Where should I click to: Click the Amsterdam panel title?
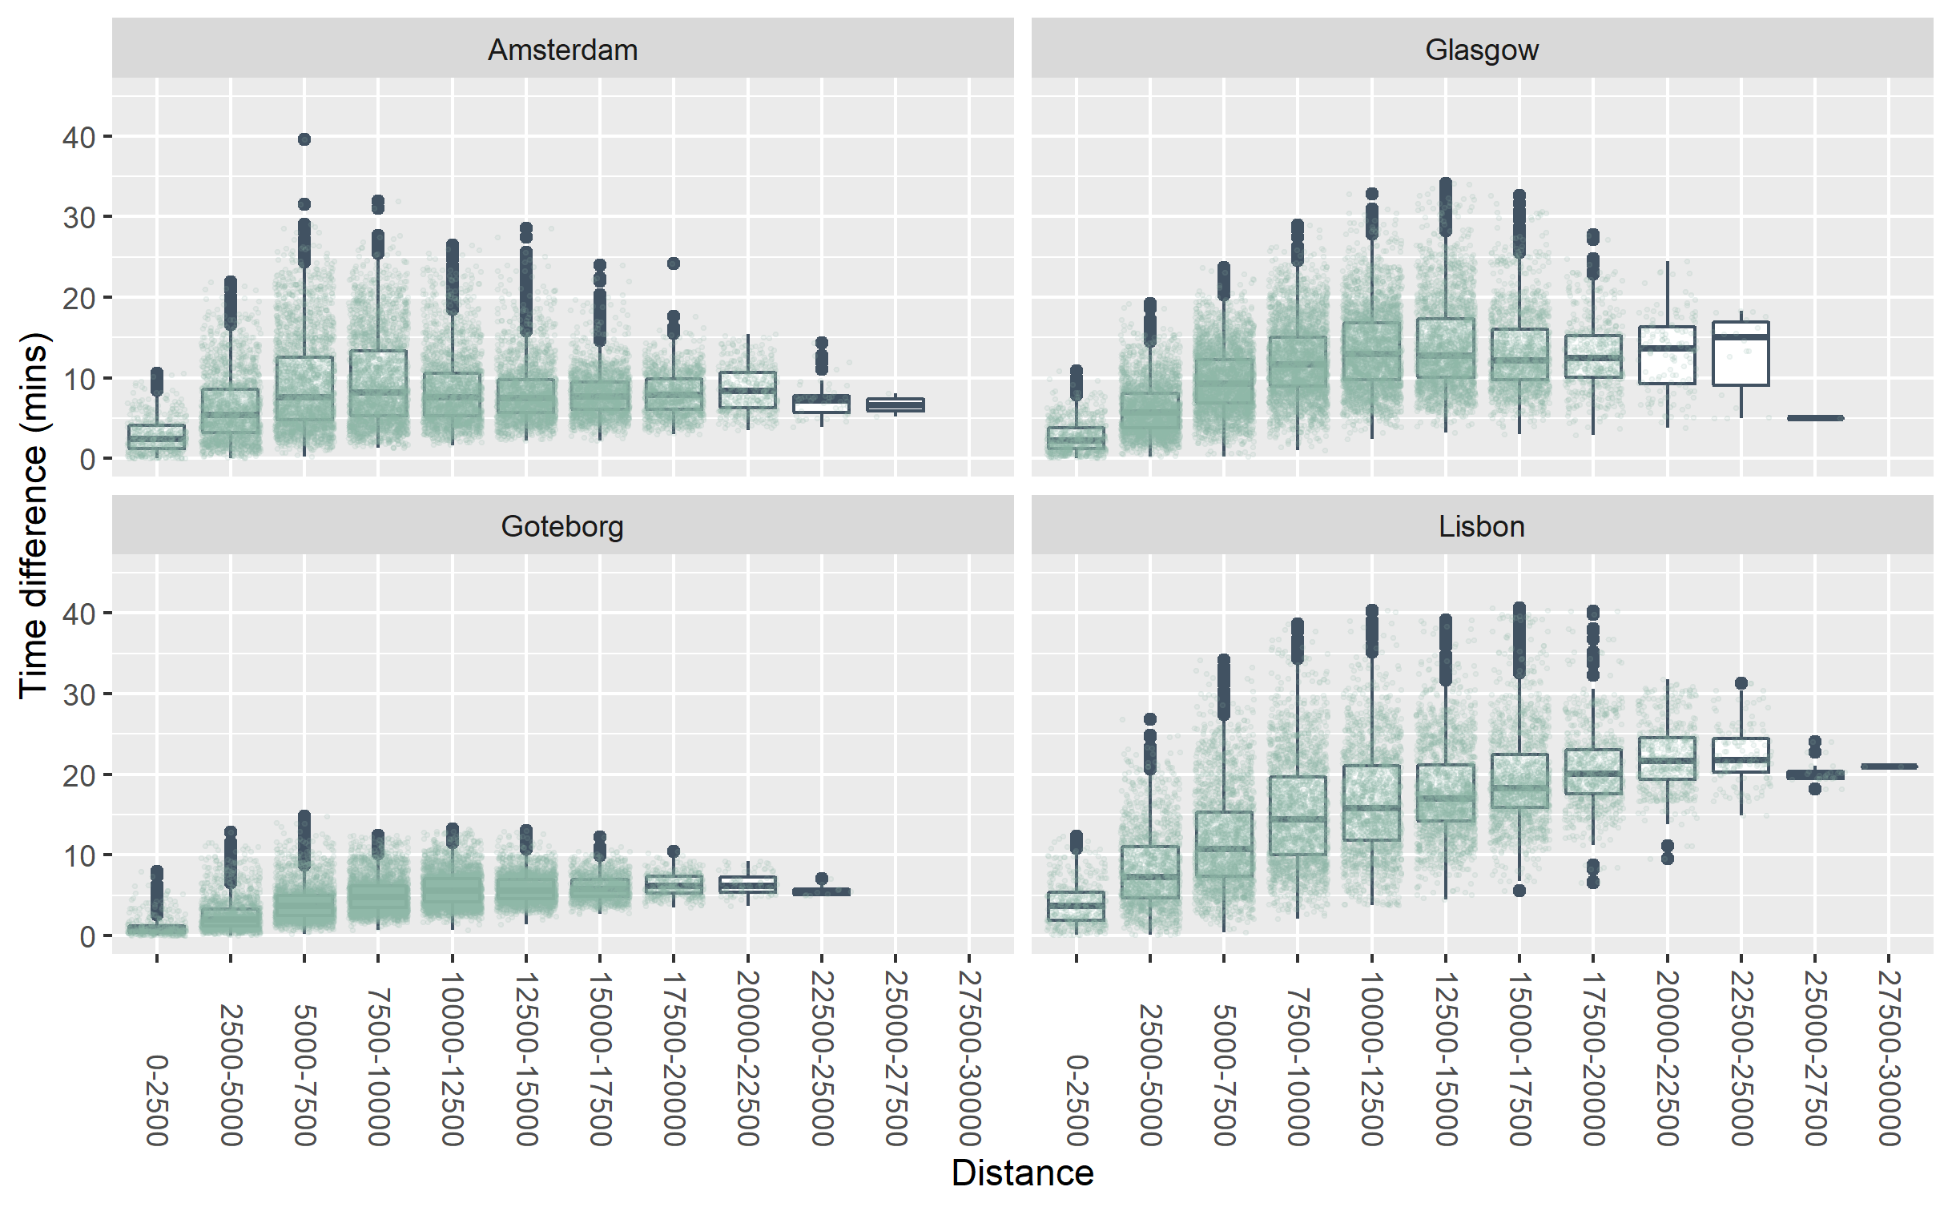562,50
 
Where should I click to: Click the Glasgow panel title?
1481,50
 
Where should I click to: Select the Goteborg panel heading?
562,526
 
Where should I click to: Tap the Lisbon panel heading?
1481,526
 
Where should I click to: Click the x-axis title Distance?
1022,1173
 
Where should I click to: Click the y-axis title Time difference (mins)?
34,515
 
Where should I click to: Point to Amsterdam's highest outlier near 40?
304,139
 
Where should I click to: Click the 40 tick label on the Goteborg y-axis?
78,614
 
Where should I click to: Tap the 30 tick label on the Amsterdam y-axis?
78,218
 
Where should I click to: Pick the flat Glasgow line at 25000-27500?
1815,417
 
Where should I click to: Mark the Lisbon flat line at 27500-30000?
1889,766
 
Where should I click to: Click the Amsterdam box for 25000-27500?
896,404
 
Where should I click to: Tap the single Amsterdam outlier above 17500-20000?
674,264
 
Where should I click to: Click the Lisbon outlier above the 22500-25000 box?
1741,683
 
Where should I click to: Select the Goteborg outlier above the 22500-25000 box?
821,879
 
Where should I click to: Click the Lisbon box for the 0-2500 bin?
1076,906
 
